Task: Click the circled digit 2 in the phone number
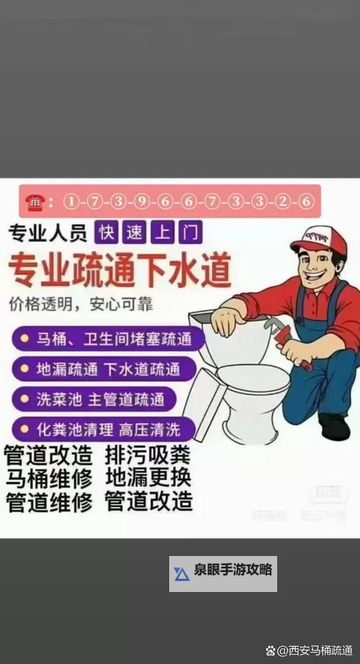[284, 202]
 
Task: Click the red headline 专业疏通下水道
[120, 271]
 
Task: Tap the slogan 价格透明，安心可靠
[81, 303]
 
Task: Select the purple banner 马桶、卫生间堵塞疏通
[108, 338]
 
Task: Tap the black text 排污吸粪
[148, 455]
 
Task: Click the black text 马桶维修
[49, 478]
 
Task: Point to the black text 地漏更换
[148, 478]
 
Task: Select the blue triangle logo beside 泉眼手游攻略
[181, 574]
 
